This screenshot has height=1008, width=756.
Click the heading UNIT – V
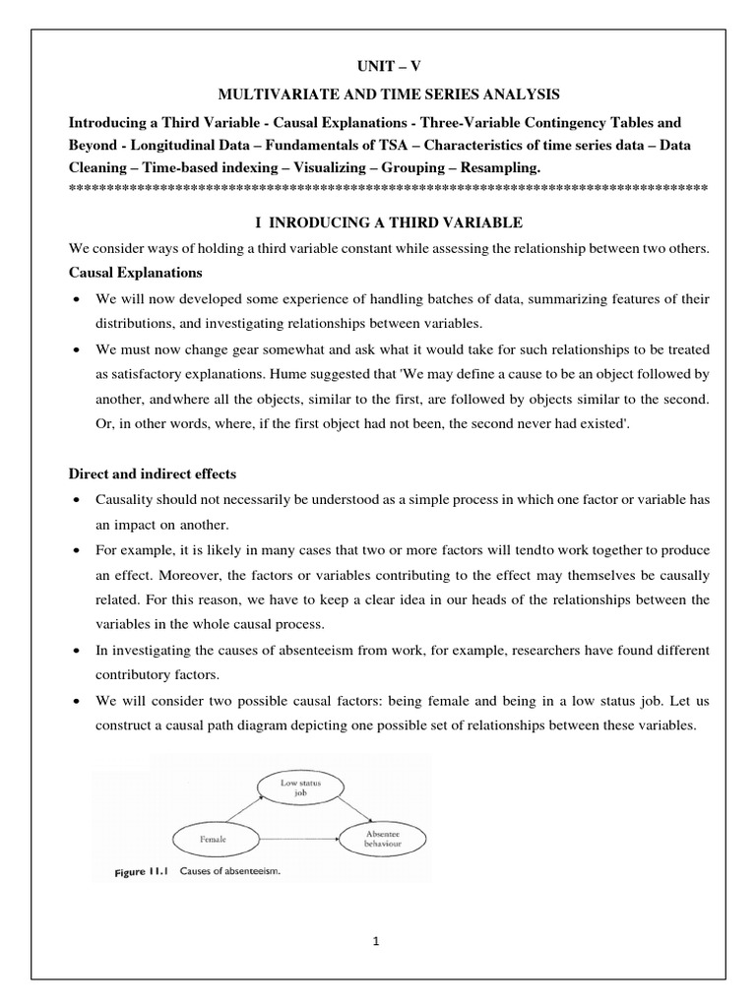tap(387, 67)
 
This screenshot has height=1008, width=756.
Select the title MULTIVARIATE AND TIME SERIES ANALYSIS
tap(388, 94)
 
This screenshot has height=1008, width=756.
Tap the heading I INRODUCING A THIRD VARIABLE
tap(388, 222)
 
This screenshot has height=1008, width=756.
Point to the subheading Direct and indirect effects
tap(152, 474)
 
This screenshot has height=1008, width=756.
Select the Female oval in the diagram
tap(215, 839)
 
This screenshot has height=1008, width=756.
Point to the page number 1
tap(376, 941)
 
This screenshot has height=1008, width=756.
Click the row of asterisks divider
tap(388, 187)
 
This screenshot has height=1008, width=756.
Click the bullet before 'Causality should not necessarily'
tap(75, 501)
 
